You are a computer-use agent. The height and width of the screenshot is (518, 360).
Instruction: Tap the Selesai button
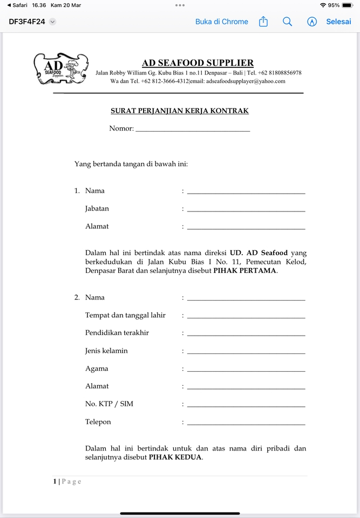pos(338,22)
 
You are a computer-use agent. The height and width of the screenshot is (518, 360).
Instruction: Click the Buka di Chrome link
pos(221,22)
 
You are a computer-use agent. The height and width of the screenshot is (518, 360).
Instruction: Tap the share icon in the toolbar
pos(263,22)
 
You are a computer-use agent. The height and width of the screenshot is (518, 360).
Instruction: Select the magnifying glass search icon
pos(288,22)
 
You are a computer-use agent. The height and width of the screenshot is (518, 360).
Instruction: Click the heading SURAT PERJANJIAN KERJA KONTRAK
pos(180,111)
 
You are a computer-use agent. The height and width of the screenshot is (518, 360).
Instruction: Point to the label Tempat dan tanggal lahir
pos(125,315)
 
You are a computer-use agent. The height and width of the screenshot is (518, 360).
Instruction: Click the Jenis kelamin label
pos(106,351)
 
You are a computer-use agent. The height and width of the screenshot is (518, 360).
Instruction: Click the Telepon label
pos(98,422)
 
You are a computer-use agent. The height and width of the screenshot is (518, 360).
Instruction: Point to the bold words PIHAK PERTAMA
pos(245,271)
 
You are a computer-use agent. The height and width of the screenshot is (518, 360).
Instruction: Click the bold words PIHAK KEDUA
pos(175,458)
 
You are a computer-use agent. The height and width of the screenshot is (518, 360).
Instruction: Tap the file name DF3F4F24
pos(27,22)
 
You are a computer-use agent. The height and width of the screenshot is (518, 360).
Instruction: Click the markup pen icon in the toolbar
pos(312,22)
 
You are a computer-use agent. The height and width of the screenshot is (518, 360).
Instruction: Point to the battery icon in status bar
pos(347,5)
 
